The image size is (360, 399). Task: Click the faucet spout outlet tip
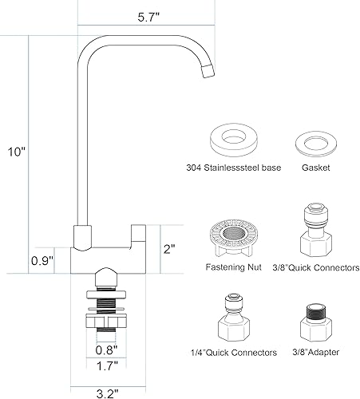[x=208, y=73]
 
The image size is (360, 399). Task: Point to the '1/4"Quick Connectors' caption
[x=235, y=353]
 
